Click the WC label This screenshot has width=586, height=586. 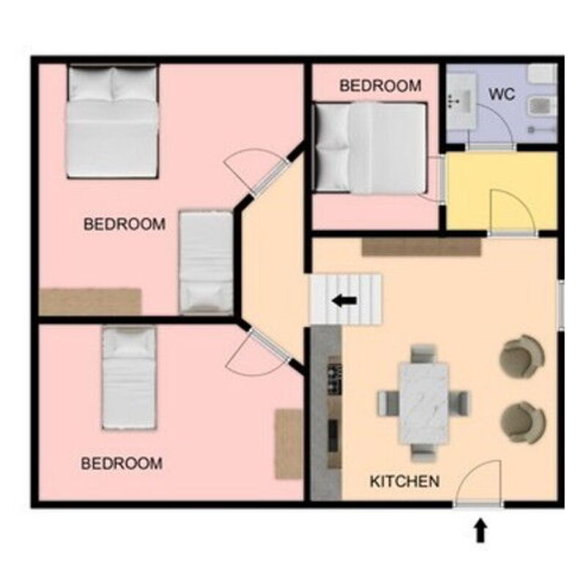[502, 94]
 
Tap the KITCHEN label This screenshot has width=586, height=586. [404, 481]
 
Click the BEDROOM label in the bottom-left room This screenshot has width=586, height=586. [122, 464]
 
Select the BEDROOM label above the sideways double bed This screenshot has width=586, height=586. [380, 86]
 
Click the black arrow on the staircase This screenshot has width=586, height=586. [344, 300]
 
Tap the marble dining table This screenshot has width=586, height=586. [423, 404]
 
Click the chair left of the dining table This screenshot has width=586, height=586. [387, 403]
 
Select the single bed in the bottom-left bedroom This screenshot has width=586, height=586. [129, 377]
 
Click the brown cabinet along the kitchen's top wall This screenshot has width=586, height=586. [422, 247]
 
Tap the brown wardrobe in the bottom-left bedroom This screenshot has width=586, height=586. [289, 444]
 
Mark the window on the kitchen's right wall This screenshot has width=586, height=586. [561, 305]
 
